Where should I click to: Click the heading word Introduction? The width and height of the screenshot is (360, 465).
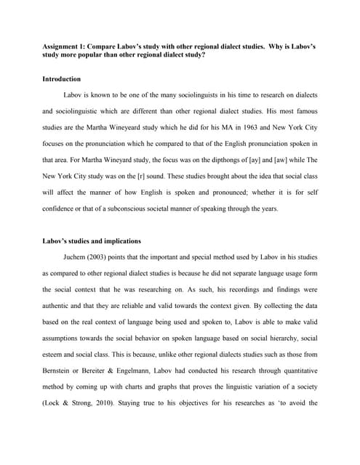[x=62, y=78]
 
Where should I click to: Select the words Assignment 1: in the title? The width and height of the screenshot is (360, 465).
[x=68, y=46]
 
